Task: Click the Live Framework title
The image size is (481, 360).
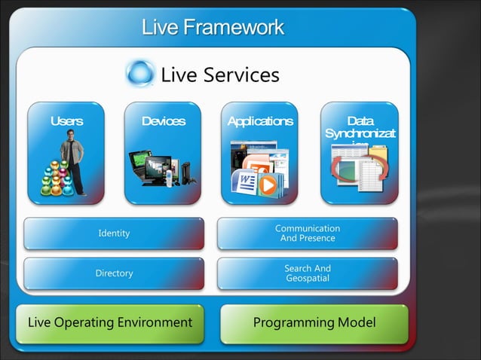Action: coord(213,28)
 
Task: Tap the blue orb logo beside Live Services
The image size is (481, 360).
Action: coord(140,74)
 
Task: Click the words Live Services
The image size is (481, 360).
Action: coord(219,75)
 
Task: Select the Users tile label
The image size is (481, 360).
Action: coord(66,121)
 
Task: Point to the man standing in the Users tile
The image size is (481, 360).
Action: coord(73,158)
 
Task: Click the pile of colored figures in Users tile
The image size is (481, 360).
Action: coord(54,179)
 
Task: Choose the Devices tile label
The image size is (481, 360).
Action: coord(163,121)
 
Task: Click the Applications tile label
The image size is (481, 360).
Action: coord(259,121)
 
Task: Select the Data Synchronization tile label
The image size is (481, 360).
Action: coord(360,127)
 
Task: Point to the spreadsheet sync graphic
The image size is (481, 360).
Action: coord(359,167)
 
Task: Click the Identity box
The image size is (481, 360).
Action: coord(114,233)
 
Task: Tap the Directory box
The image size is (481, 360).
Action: coord(114,273)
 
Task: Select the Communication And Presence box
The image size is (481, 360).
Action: coord(307,233)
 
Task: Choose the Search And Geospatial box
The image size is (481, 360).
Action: coord(307,273)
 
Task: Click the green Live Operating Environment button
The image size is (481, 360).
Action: coord(110,323)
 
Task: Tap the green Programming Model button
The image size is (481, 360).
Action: coord(314,323)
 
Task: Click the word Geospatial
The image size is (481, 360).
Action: coord(307,279)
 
